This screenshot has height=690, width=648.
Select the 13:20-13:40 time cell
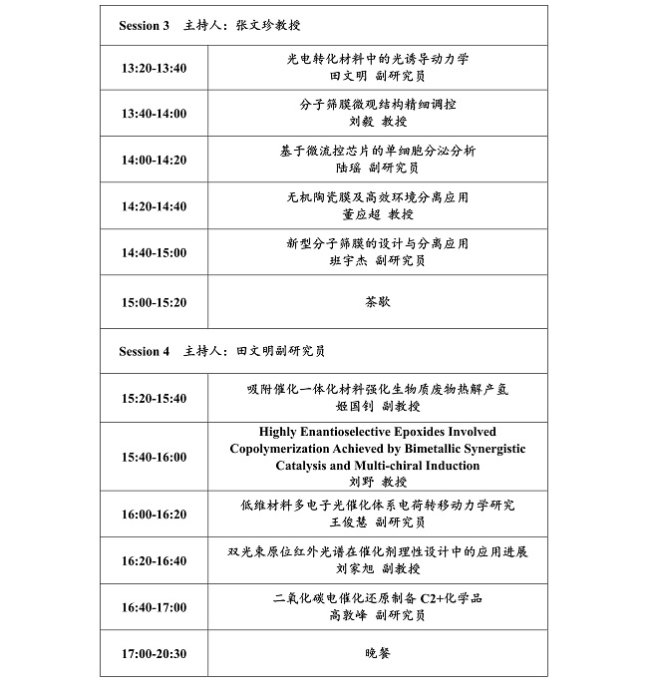click(154, 69)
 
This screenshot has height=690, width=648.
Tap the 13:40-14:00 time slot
click(154, 114)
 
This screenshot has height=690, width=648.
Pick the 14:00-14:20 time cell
click(154, 160)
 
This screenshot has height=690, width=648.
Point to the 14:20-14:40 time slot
click(154, 206)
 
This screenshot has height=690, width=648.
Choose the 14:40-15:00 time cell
click(154, 252)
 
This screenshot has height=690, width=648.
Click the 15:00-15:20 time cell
click(154, 302)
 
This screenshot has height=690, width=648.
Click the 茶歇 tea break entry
click(378, 301)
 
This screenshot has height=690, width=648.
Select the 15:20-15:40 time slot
click(154, 398)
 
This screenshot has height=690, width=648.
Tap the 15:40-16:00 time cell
click(154, 457)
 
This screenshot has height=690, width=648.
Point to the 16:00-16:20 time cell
click(154, 515)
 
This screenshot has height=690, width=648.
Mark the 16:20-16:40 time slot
click(154, 560)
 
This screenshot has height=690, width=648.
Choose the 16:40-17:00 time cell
click(154, 606)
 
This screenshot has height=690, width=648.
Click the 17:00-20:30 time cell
click(154, 655)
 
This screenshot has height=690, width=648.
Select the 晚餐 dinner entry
click(378, 654)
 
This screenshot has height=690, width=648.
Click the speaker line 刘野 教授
click(378, 481)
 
